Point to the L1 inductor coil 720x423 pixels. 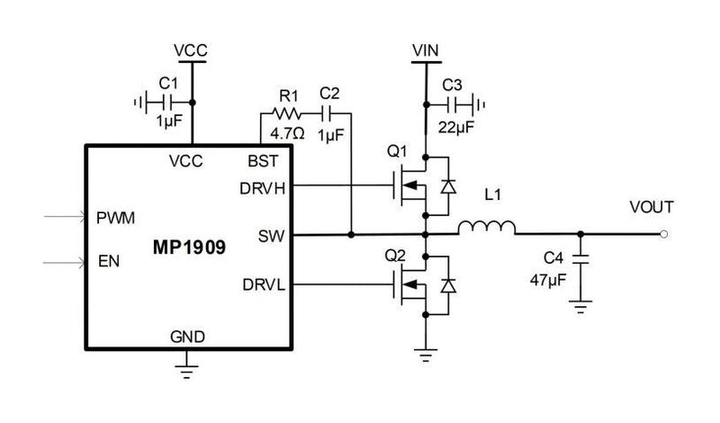487,227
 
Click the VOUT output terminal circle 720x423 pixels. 663,235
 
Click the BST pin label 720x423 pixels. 264,161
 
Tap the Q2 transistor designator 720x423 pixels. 396,255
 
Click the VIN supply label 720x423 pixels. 423,52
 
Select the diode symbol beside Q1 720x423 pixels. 445,187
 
